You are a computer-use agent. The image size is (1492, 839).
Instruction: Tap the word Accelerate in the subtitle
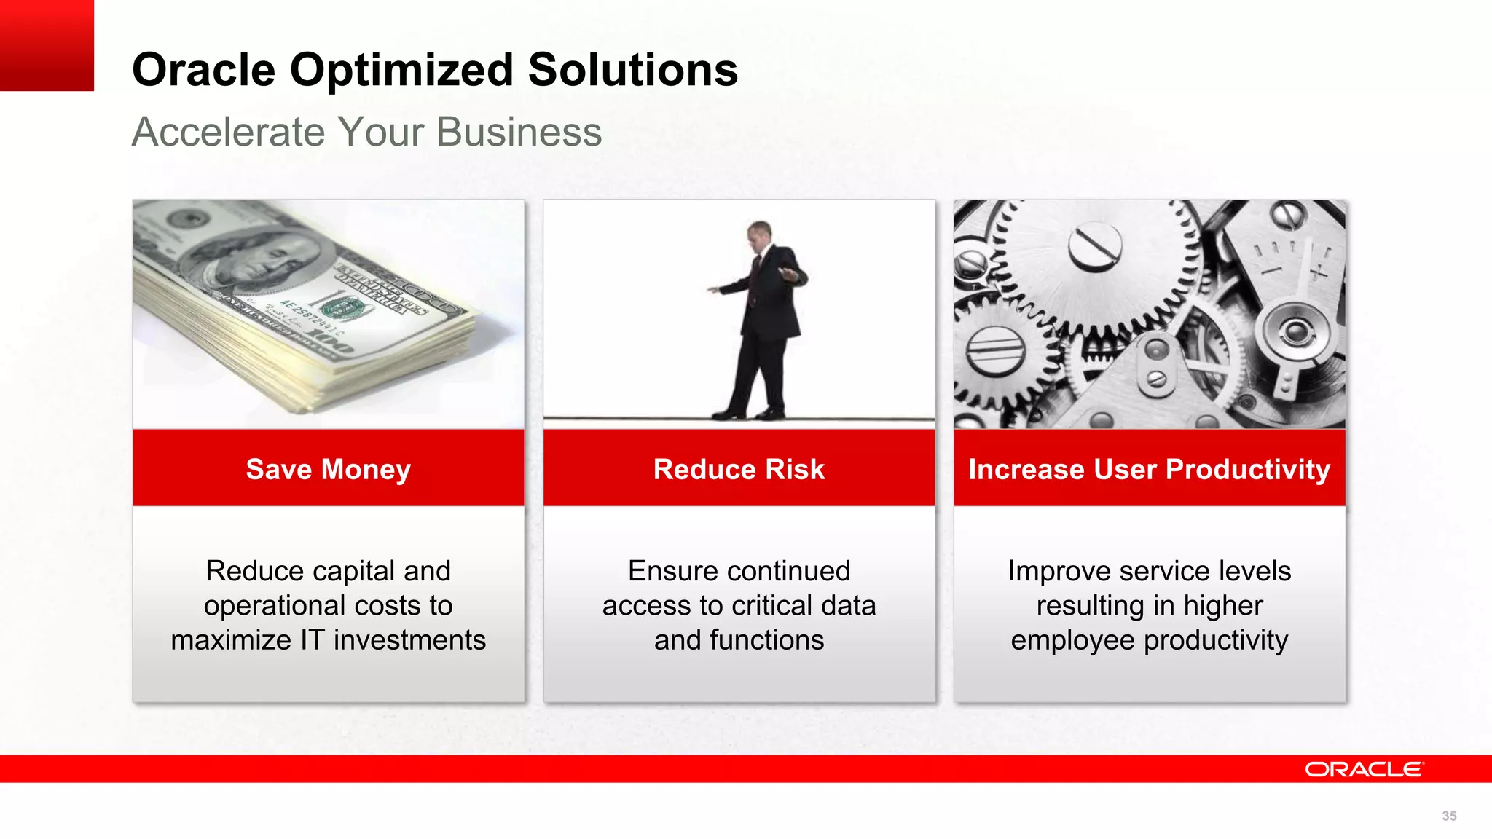(x=228, y=133)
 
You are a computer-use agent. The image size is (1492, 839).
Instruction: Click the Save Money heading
(x=328, y=469)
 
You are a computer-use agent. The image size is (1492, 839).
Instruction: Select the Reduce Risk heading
(x=739, y=469)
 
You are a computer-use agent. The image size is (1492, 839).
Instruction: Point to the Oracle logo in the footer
(x=1362, y=769)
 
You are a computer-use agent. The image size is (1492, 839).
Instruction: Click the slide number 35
(x=1449, y=816)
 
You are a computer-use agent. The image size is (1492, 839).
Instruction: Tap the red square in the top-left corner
(x=47, y=45)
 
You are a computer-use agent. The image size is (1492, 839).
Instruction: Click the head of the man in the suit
(x=758, y=234)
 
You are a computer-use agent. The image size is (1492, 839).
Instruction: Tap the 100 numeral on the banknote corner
(x=331, y=342)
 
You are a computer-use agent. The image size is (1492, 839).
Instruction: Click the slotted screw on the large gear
(x=1094, y=245)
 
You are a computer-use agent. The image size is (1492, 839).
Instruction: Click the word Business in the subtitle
(x=519, y=133)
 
